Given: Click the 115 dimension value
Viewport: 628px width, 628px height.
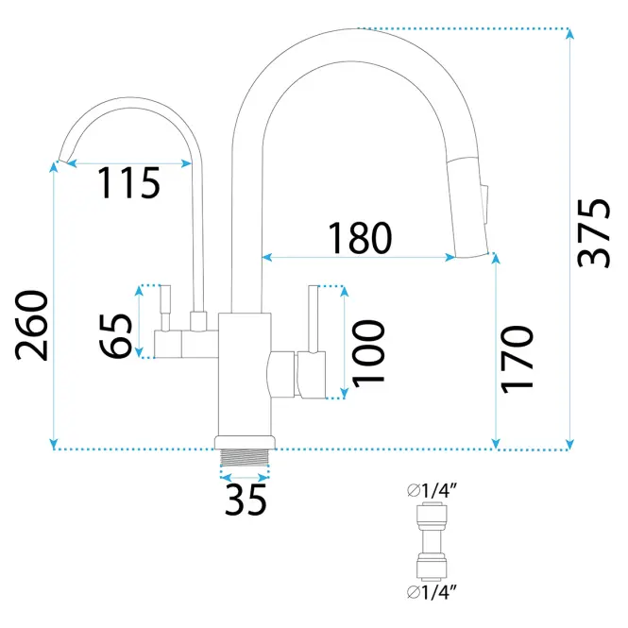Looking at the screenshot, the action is tap(128, 183).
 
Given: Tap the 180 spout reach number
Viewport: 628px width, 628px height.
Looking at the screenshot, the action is tap(360, 238).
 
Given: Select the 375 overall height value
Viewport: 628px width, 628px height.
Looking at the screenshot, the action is tap(594, 233).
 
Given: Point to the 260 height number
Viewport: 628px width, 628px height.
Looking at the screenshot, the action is tap(31, 325).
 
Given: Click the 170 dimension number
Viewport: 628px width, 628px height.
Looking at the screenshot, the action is tap(518, 359).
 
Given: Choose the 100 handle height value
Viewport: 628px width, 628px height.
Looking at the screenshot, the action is tap(368, 353).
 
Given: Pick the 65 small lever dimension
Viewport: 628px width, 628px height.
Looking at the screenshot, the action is tap(116, 335).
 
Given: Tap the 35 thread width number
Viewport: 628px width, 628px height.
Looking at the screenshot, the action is tap(246, 500).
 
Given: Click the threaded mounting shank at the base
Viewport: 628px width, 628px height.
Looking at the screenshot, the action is tap(245, 457).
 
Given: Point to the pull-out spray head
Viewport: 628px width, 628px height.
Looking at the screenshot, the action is tap(467, 208).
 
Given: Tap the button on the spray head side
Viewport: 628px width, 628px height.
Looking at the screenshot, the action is tap(485, 203).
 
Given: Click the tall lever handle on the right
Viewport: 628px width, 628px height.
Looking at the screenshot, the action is tap(314, 319).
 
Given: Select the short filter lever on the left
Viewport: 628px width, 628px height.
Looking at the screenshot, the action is tap(165, 308).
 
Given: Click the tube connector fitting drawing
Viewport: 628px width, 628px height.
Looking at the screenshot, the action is tap(431, 541).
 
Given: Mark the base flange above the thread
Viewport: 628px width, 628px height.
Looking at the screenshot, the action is tap(245, 443).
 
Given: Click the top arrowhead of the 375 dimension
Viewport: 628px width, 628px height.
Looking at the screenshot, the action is tap(570, 34).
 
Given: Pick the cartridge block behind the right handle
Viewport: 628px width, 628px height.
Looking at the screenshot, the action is tap(281, 374).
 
